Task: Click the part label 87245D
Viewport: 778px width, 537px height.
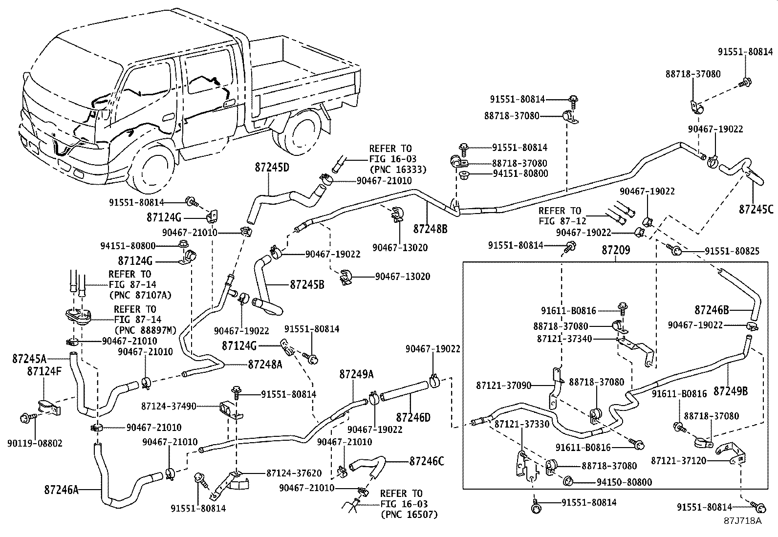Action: point(272,168)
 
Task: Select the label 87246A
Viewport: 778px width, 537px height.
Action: point(61,489)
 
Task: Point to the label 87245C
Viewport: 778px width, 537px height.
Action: point(756,209)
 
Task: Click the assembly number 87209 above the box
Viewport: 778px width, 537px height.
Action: point(615,250)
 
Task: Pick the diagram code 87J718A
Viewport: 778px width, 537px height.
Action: point(743,520)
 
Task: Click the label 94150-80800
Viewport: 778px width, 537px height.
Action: point(624,482)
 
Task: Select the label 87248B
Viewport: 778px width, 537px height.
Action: point(430,228)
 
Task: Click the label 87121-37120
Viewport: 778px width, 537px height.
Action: point(678,461)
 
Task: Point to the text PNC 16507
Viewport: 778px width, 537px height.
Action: point(409,514)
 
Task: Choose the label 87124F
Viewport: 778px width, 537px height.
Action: point(44,371)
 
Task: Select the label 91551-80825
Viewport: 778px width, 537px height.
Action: point(732,251)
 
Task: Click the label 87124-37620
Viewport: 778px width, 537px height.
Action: point(294,473)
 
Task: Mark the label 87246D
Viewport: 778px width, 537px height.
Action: point(413,417)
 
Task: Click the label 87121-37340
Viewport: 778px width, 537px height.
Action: point(564,338)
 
